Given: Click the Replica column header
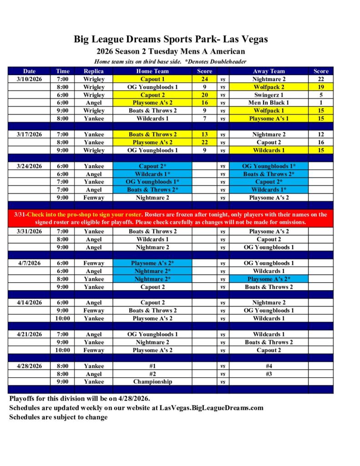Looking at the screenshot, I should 94,71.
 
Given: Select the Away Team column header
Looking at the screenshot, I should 269,71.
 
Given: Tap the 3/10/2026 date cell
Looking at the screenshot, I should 29,79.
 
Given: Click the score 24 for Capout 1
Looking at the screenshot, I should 204,79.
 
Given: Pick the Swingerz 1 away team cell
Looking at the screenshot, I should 269,95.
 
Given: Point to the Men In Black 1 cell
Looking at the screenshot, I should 269,102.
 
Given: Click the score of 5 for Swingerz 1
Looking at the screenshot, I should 321,95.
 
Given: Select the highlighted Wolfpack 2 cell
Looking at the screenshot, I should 269,87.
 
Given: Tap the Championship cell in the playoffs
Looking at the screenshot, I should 152,382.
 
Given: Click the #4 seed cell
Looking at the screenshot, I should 269,366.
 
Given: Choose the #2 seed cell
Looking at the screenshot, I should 152,374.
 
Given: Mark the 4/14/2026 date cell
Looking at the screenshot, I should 29,303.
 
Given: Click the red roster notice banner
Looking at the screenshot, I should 171,218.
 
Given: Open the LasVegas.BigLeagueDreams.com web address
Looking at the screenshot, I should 212,408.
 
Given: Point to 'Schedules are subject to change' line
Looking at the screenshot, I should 59,417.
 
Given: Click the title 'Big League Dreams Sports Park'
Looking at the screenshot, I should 171,39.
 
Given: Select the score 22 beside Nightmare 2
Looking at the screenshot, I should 321,79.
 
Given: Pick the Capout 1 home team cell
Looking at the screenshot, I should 152,79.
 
